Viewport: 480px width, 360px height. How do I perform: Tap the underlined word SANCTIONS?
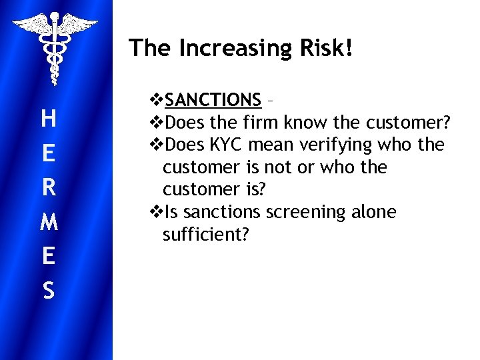click(213, 100)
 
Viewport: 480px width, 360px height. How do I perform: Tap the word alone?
click(372, 212)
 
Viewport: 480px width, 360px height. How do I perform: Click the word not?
click(280, 167)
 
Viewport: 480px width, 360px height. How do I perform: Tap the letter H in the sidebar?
click(48, 119)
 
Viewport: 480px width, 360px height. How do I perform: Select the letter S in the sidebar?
click(48, 291)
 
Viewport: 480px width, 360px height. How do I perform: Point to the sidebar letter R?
click(48, 188)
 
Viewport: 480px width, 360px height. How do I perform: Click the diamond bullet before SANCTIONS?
click(157, 100)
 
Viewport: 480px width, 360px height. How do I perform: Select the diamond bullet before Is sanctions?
click(157, 212)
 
